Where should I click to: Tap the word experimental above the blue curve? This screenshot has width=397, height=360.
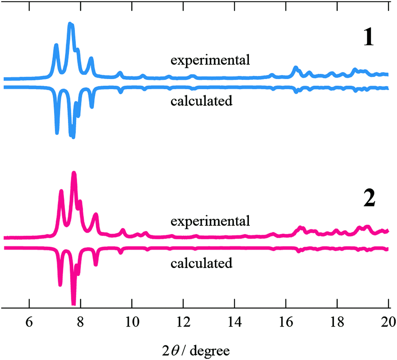[210, 60]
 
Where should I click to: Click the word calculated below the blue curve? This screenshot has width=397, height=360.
[201, 101]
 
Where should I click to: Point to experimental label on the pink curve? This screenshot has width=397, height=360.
[210, 220]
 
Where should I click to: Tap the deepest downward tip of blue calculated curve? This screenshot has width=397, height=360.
[73, 136]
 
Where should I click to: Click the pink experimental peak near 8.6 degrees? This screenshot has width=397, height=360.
[96, 215]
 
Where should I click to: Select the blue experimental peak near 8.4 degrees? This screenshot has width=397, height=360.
[91, 59]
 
